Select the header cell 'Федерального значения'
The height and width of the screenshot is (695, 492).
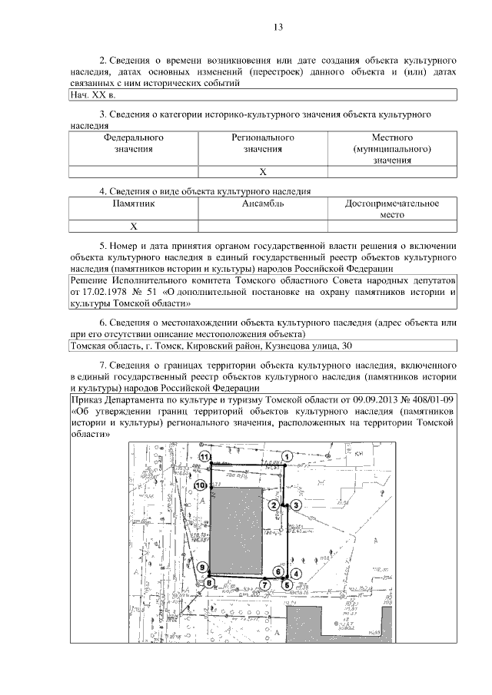134,144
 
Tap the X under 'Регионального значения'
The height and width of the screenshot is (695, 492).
262,172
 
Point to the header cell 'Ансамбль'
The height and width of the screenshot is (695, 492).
263,204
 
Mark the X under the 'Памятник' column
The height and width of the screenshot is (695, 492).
134,227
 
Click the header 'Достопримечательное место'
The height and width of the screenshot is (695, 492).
392,210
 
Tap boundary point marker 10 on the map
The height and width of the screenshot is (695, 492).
200,485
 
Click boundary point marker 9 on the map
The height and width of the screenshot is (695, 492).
201,568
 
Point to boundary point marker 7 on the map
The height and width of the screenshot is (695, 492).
264,584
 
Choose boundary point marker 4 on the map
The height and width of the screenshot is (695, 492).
295,574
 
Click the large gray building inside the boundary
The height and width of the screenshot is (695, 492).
238,530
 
